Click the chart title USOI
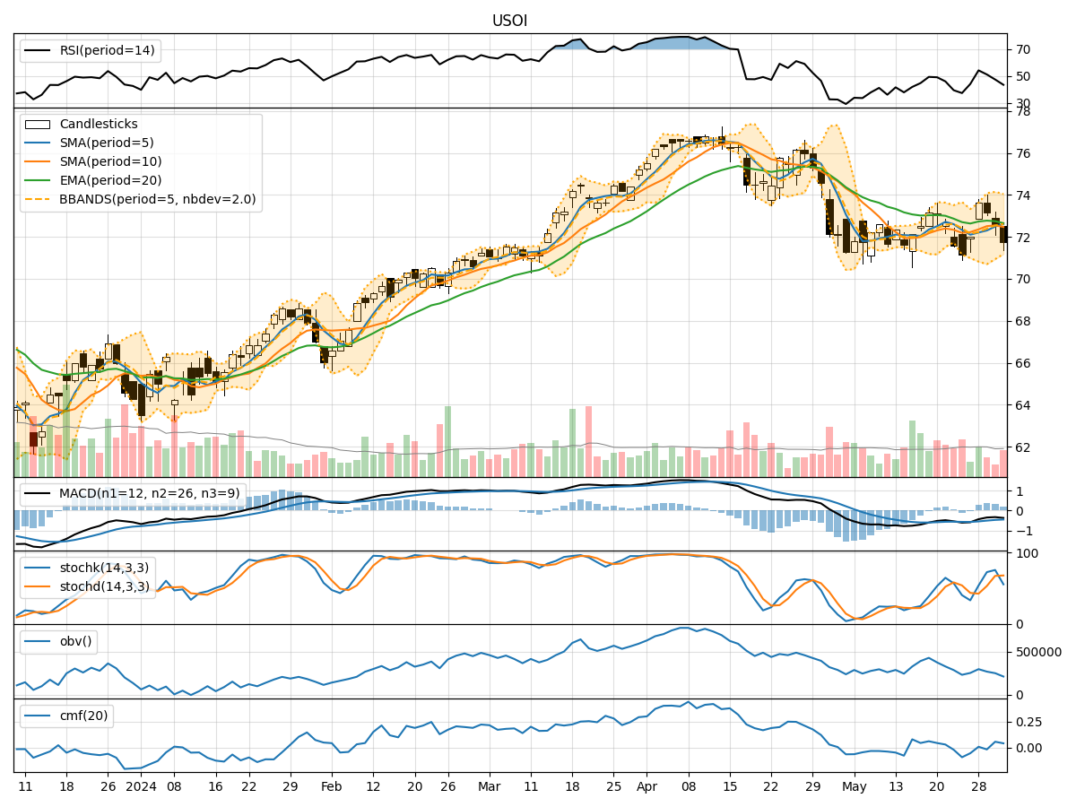(509, 21)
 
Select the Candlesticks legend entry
(99, 125)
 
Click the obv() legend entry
(75, 641)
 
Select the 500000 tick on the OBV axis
(1037, 653)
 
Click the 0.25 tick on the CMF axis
(1028, 722)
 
